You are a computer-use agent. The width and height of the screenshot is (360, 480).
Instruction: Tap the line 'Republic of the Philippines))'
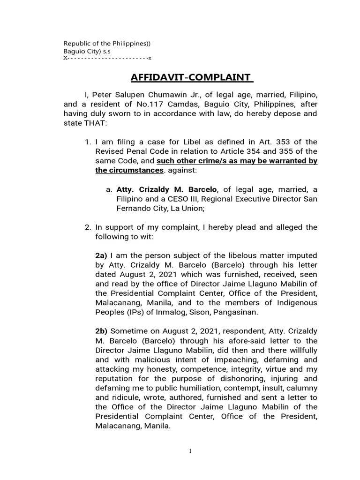tap(107, 44)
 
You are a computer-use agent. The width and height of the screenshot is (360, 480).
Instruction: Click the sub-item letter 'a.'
tap(109, 189)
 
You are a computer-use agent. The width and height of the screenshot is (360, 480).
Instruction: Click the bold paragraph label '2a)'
tap(101, 255)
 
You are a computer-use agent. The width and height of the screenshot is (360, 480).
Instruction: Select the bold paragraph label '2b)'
tap(101, 330)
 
